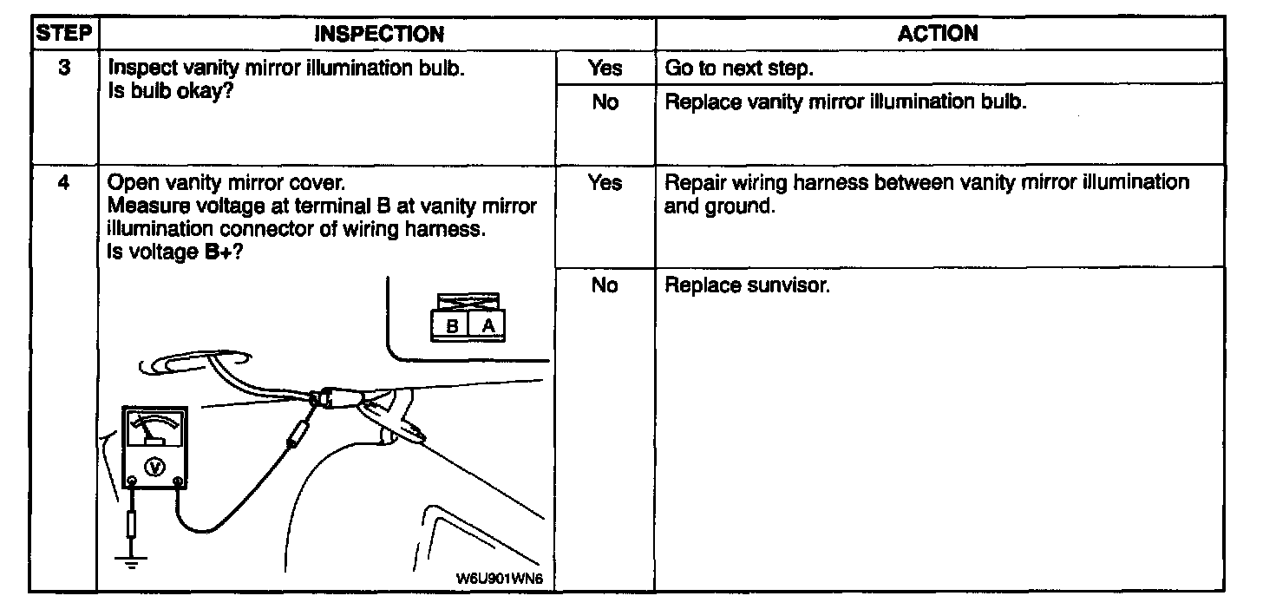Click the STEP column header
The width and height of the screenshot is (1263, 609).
click(x=64, y=34)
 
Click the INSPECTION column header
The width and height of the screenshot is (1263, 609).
click(x=378, y=34)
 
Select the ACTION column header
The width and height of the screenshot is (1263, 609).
click(x=938, y=34)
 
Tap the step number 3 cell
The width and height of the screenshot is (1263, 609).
click(x=64, y=67)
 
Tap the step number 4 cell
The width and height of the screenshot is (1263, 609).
click(x=64, y=183)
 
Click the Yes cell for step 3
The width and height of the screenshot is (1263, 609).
click(x=605, y=67)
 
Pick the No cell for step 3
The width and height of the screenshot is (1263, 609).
click(x=605, y=101)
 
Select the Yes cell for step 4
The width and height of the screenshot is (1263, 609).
click(x=605, y=183)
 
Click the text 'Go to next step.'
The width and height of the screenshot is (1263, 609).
click(x=738, y=68)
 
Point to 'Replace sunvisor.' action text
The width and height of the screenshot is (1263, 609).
click(x=747, y=285)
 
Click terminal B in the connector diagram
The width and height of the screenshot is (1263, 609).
click(x=451, y=325)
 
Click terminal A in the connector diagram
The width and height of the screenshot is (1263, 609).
click(x=488, y=325)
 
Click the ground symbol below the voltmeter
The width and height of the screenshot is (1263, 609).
click(x=131, y=559)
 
